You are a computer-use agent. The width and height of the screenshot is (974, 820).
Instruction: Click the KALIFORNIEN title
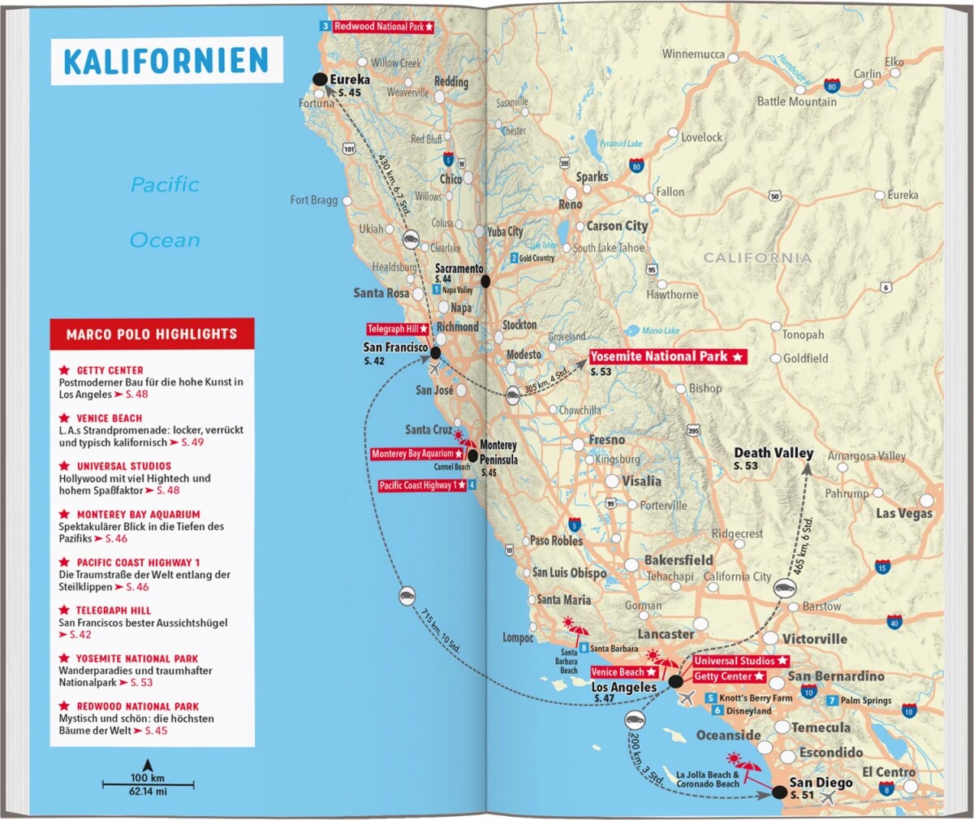coord(166,61)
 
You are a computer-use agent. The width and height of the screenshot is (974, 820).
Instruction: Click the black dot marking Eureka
coord(320,79)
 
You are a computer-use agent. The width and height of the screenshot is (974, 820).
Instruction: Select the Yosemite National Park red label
coord(666,356)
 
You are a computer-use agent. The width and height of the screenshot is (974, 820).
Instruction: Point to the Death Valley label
coord(773,453)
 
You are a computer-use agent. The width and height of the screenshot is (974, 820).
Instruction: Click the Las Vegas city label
coord(903,513)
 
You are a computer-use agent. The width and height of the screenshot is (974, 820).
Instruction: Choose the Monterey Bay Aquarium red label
coord(416,454)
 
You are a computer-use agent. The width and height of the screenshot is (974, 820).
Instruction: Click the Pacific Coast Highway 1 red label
coord(422,486)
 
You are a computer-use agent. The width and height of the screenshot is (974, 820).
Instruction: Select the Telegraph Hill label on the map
coord(397,329)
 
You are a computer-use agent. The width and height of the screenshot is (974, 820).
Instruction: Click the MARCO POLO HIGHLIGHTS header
coord(152,334)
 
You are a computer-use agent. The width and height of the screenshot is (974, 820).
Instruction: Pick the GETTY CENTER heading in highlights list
coord(110,370)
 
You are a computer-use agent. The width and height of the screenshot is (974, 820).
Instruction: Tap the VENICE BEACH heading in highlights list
coord(110,418)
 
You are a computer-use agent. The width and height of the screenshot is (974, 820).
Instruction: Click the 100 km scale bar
coord(148,784)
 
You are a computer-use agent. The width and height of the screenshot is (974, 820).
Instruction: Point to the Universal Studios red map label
coord(739,661)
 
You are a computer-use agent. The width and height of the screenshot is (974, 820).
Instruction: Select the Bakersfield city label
coord(679,560)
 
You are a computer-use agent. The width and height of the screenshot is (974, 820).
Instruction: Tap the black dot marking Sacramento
coord(485,281)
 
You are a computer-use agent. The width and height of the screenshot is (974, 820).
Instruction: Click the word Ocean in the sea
coord(165,240)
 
